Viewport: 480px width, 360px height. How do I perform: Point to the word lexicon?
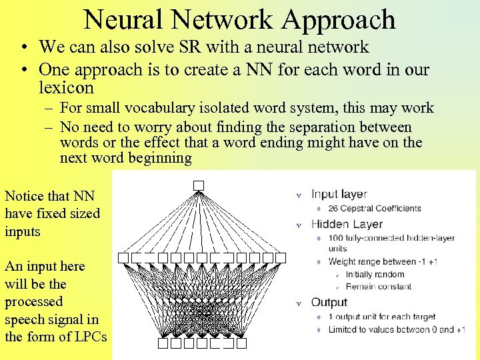click(66, 88)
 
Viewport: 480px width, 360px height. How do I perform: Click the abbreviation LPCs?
click(89, 337)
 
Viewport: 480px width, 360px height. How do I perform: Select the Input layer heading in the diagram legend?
click(339, 194)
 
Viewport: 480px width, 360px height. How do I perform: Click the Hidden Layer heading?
click(347, 224)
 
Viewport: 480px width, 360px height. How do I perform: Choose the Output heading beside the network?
click(329, 303)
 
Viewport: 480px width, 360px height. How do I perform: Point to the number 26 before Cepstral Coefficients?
click(334, 209)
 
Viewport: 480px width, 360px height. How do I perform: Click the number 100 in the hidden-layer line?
click(337, 238)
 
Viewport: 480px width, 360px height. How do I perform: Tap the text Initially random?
click(374, 275)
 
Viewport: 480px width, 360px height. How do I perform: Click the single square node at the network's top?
click(198, 185)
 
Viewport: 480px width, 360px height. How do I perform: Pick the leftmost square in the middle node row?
click(123, 257)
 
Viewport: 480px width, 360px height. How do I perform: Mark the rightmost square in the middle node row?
click(281, 257)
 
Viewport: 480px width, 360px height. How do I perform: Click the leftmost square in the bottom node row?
click(163, 343)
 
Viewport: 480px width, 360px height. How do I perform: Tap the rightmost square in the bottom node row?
click(241, 343)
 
